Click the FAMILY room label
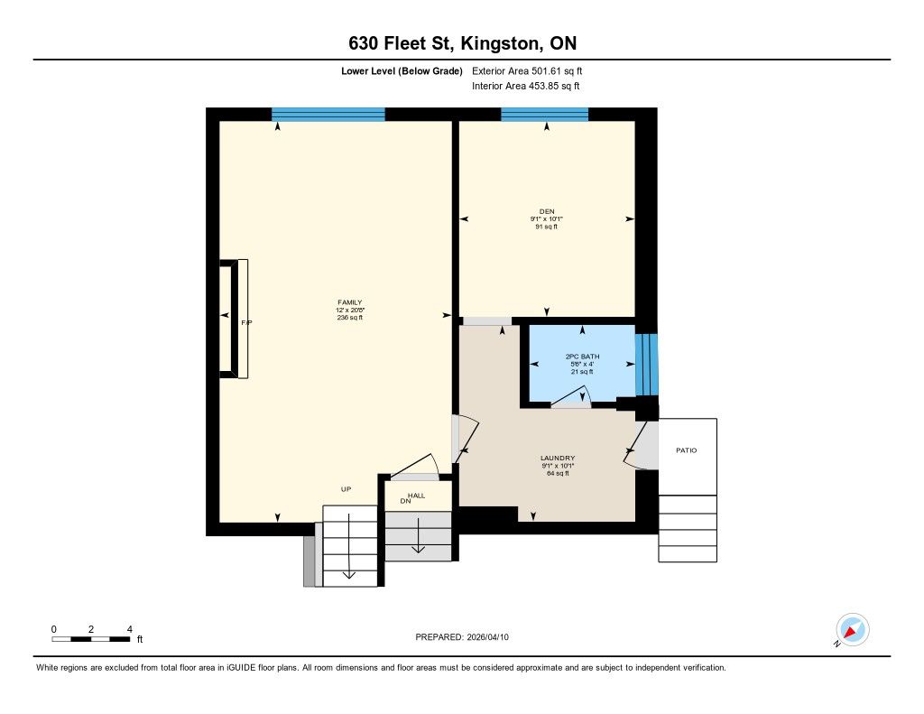[349, 302]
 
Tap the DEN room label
[546, 211]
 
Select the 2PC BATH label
[582, 357]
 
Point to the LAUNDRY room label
[558, 459]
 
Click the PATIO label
[686, 450]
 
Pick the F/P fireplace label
[246, 323]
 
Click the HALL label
[417, 496]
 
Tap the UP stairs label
[346, 488]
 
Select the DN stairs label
[405, 501]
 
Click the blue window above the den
[544, 115]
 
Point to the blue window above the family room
[328, 115]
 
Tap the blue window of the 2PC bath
[646, 365]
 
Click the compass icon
[852, 630]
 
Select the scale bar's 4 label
[130, 629]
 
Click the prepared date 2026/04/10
[488, 637]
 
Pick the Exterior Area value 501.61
[546, 70]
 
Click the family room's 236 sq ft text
[349, 318]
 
